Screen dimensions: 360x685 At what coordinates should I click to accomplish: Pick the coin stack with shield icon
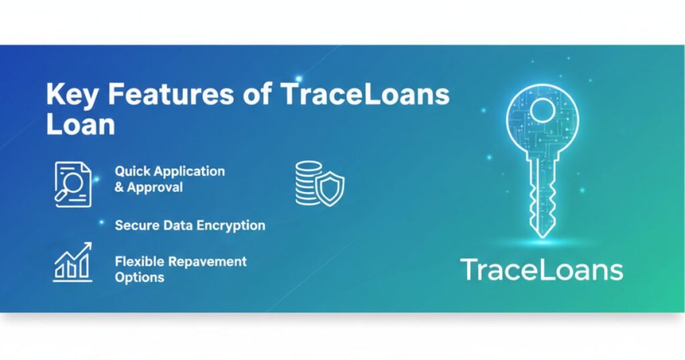[319, 183]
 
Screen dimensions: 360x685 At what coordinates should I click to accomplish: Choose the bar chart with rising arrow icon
[72, 261]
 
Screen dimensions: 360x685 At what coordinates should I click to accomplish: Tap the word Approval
[155, 187]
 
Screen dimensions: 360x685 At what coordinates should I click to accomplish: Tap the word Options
[139, 277]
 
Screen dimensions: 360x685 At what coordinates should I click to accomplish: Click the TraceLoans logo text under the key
[541, 270]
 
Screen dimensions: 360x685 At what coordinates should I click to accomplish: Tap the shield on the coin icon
[330, 188]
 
